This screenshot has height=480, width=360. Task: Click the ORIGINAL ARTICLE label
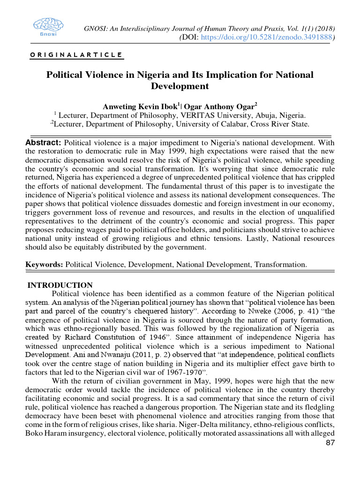76,55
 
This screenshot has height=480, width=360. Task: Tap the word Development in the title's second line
180,86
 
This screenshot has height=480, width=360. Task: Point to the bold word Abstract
43,142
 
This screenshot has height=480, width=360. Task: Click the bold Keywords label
44,264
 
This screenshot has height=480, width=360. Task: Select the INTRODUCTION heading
60,285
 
